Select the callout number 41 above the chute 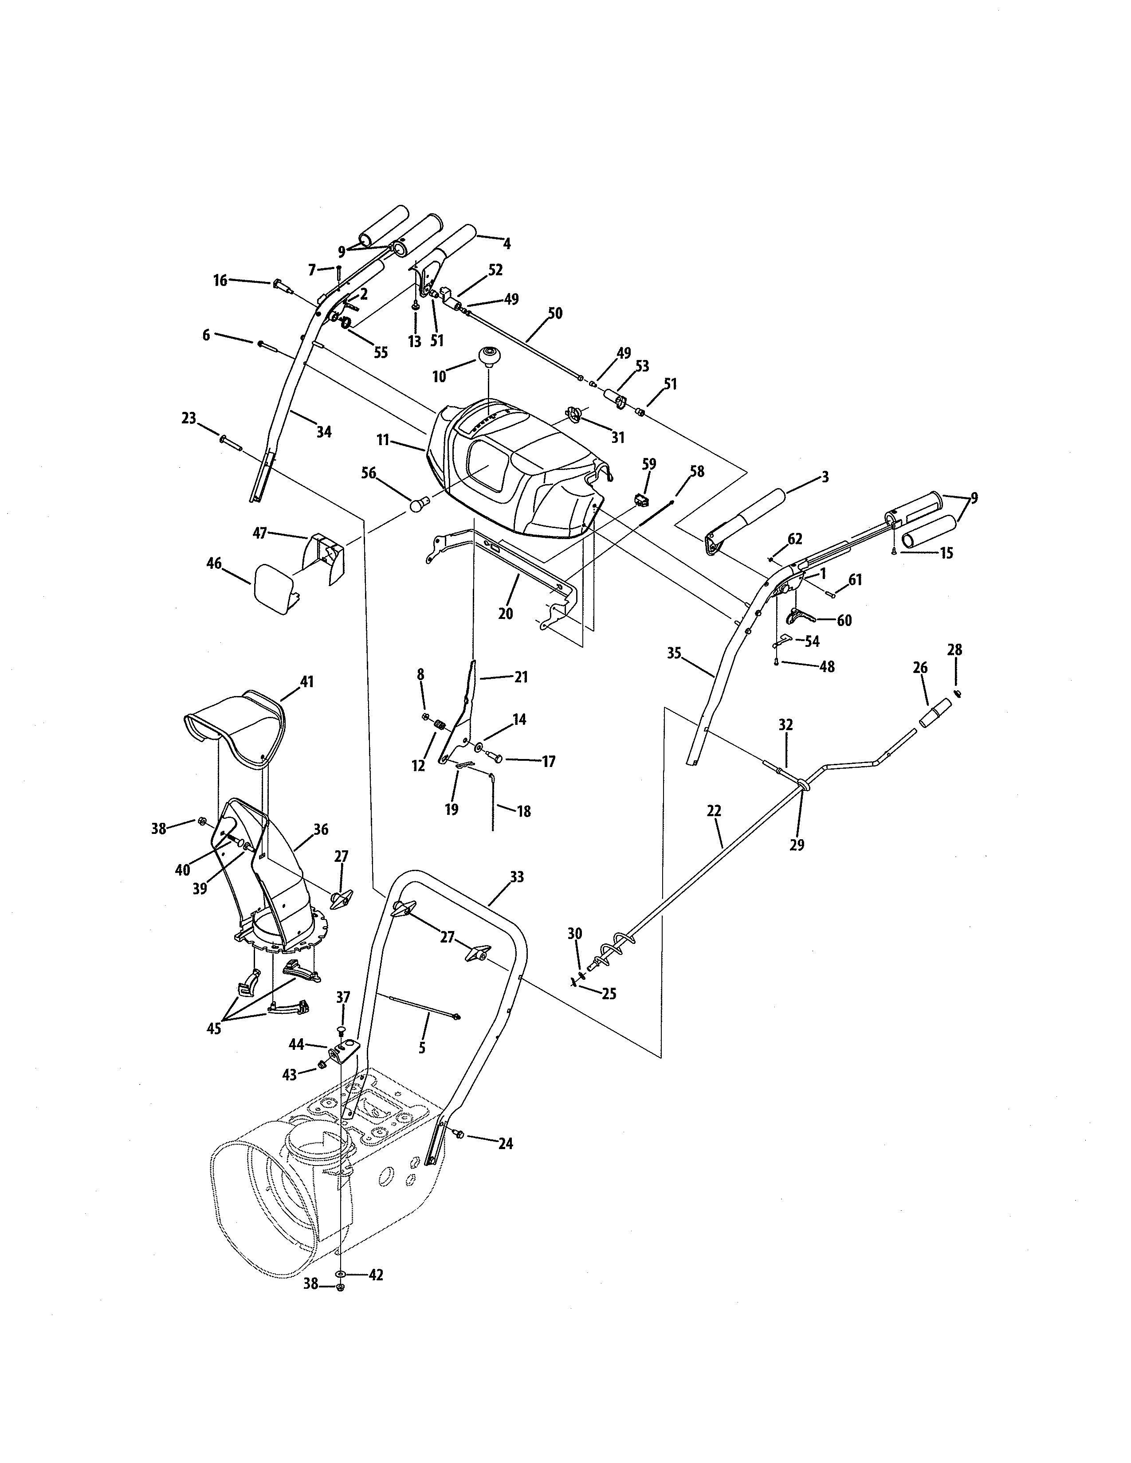[306, 682]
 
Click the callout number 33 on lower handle [517, 877]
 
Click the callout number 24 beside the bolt [505, 1143]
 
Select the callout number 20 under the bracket [505, 614]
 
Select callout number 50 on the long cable [555, 313]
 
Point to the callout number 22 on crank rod [714, 811]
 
